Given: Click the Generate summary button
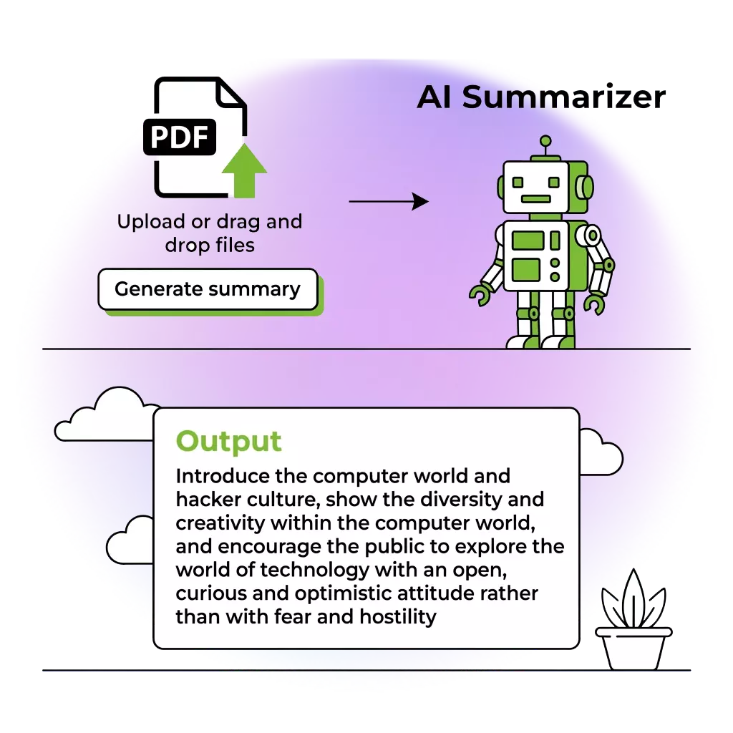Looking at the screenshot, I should pos(207,289).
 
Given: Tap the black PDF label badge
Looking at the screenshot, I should pos(180,136).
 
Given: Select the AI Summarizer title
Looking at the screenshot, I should pos(540,98).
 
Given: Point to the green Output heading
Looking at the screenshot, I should pos(229,441).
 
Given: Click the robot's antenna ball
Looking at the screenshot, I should pos(545,141).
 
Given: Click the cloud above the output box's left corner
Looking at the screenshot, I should pos(104,415).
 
